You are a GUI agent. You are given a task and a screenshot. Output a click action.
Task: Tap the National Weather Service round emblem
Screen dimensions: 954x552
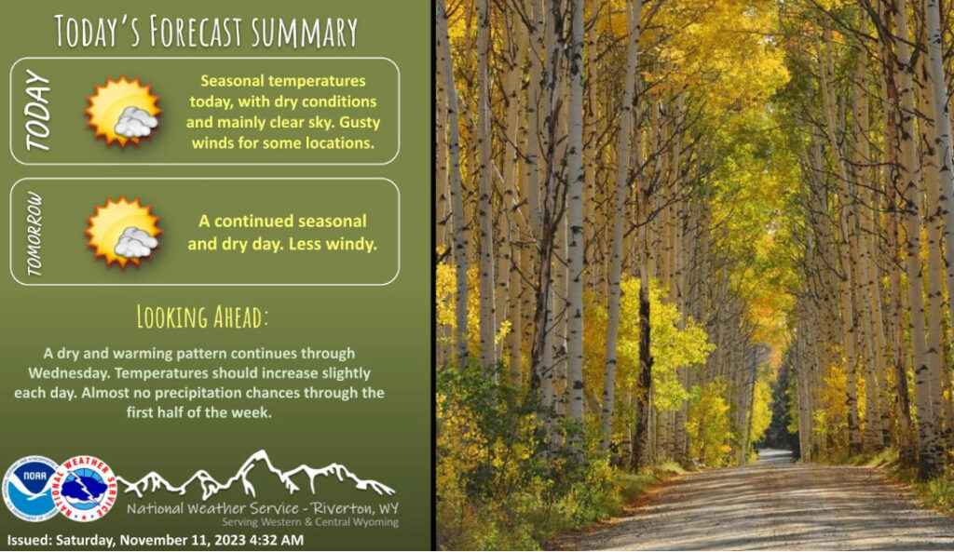point(86,489)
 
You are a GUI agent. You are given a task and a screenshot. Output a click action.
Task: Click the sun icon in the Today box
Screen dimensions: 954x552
point(123,112)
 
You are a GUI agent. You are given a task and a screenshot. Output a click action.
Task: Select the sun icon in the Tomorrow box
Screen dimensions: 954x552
point(123,232)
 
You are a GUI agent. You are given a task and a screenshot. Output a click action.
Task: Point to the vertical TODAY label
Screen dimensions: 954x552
point(37,110)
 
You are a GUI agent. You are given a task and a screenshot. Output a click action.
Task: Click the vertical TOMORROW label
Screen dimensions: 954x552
point(34,233)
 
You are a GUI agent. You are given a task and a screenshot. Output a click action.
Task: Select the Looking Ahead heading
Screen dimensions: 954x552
point(202,316)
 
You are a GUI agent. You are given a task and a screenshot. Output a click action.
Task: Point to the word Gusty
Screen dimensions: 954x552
point(360,122)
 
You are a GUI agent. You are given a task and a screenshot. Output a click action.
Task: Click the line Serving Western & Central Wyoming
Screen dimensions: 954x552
point(309,522)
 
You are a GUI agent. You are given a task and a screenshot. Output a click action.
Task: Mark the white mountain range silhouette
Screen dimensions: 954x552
point(255,475)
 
